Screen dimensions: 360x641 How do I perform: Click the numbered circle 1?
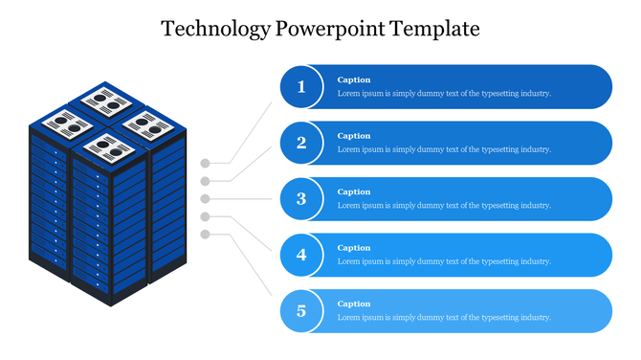click(301, 87)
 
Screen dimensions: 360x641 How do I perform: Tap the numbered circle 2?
click(301, 143)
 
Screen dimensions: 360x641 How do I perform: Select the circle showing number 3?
click(301, 199)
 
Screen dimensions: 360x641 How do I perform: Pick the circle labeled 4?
click(301, 255)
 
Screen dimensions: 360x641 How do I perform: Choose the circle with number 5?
click(301, 310)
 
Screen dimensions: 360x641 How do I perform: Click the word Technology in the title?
click(216, 29)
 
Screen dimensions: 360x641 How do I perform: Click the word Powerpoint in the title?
click(332, 29)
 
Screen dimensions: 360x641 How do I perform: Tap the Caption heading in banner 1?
click(354, 79)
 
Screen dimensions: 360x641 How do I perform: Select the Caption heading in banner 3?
click(354, 191)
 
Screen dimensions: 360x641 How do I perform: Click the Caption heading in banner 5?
click(354, 304)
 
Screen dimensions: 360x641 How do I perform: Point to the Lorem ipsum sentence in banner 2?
click(444, 149)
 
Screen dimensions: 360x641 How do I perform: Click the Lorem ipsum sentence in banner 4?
click(444, 261)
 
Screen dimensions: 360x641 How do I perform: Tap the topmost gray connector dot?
click(205, 163)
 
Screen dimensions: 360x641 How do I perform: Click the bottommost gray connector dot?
click(205, 235)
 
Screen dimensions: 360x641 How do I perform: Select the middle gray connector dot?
click(205, 198)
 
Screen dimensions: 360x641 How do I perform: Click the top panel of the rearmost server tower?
click(105, 99)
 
